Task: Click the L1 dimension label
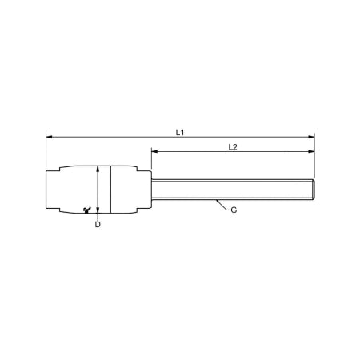(180, 131)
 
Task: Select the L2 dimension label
(232, 146)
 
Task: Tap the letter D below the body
(97, 225)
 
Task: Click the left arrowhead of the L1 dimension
(49, 137)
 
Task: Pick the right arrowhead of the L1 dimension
(313, 137)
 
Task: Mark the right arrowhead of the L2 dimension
(313, 151)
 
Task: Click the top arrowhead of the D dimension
(97, 168)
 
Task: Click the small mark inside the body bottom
(86, 210)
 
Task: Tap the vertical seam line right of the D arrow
(109, 190)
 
